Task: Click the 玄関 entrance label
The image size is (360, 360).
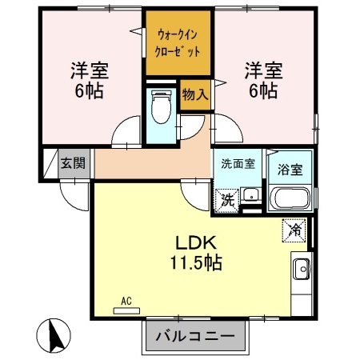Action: point(73,164)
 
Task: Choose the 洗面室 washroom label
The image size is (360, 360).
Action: point(238,163)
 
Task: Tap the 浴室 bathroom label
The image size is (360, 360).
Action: point(289,169)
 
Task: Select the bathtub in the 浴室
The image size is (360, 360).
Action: point(290,198)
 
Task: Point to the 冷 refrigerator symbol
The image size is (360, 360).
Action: point(294,230)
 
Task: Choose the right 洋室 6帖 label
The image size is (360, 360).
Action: point(262,78)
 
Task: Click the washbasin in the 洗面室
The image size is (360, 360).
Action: point(250,194)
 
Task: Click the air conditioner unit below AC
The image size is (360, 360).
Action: point(126,310)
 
